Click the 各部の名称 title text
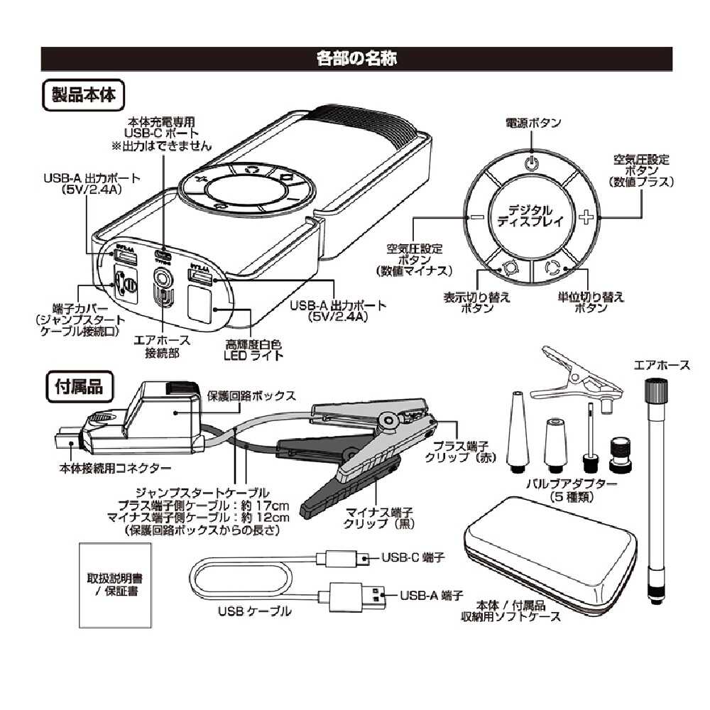click(356, 59)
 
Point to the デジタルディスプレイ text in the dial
click(529, 215)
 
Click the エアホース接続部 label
click(160, 346)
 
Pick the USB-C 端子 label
click(413, 558)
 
